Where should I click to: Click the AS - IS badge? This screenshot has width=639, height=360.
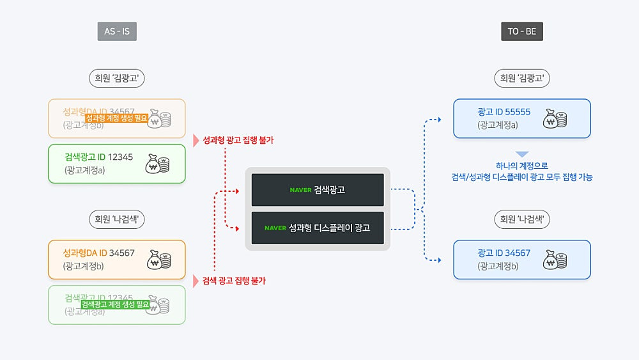coord(117,31)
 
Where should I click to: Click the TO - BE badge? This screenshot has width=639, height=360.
coord(522,31)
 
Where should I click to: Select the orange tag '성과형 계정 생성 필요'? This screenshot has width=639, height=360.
coord(116,118)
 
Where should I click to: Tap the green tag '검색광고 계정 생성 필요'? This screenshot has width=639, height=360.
coord(115,305)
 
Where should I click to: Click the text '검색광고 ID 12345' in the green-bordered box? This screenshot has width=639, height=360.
coord(99,157)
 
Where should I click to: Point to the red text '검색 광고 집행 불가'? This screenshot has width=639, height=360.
coord(234,281)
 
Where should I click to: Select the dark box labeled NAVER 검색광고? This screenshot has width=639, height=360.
coord(318,189)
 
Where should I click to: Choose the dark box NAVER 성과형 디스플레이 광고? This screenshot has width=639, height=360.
coord(318,228)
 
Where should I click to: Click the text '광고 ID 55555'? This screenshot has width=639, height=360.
coord(504,112)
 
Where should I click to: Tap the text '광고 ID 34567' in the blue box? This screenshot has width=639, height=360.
coord(504,253)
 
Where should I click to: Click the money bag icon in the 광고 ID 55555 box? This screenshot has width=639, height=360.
coord(555,119)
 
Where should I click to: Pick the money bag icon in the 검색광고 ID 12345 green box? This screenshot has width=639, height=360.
coord(157,164)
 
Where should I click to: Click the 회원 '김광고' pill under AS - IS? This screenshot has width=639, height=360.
coord(117,79)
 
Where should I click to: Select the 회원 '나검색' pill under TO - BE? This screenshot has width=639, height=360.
coord(522,220)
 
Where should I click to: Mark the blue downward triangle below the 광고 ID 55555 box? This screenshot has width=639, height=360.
coord(522,154)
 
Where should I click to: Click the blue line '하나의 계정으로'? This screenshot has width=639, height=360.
coord(522,166)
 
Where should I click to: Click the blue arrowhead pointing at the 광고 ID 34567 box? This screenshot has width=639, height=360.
coord(438,260)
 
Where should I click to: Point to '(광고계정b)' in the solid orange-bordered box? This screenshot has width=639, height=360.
coord(84,266)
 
